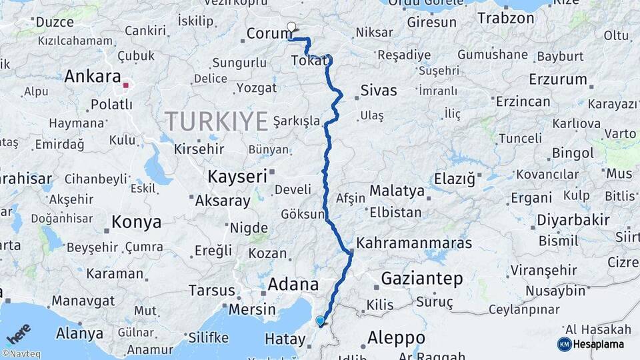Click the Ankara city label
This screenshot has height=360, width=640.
tap(92, 77)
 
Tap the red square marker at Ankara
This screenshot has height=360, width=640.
tap(125, 85)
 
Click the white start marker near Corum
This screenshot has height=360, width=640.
tap(291, 27)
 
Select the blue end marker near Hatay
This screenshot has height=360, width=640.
tap(321, 321)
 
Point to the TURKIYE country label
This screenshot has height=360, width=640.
tap(216, 121)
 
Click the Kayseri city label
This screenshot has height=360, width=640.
tap(237, 177)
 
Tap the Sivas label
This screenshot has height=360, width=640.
tap(378, 91)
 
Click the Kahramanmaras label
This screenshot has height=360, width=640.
tap(414, 243)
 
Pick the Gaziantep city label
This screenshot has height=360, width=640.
tap(421, 278)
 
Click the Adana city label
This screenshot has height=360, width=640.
tap(293, 285)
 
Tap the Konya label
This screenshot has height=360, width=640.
tap(136, 222)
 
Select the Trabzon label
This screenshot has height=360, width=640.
tap(505, 18)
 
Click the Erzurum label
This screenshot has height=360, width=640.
tap(557, 79)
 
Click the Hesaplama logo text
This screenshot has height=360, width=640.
tap(601, 344)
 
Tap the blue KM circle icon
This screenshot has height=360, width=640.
tap(564, 344)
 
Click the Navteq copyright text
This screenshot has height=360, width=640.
tap(21, 354)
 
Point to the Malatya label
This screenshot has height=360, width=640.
tap(397, 191)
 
